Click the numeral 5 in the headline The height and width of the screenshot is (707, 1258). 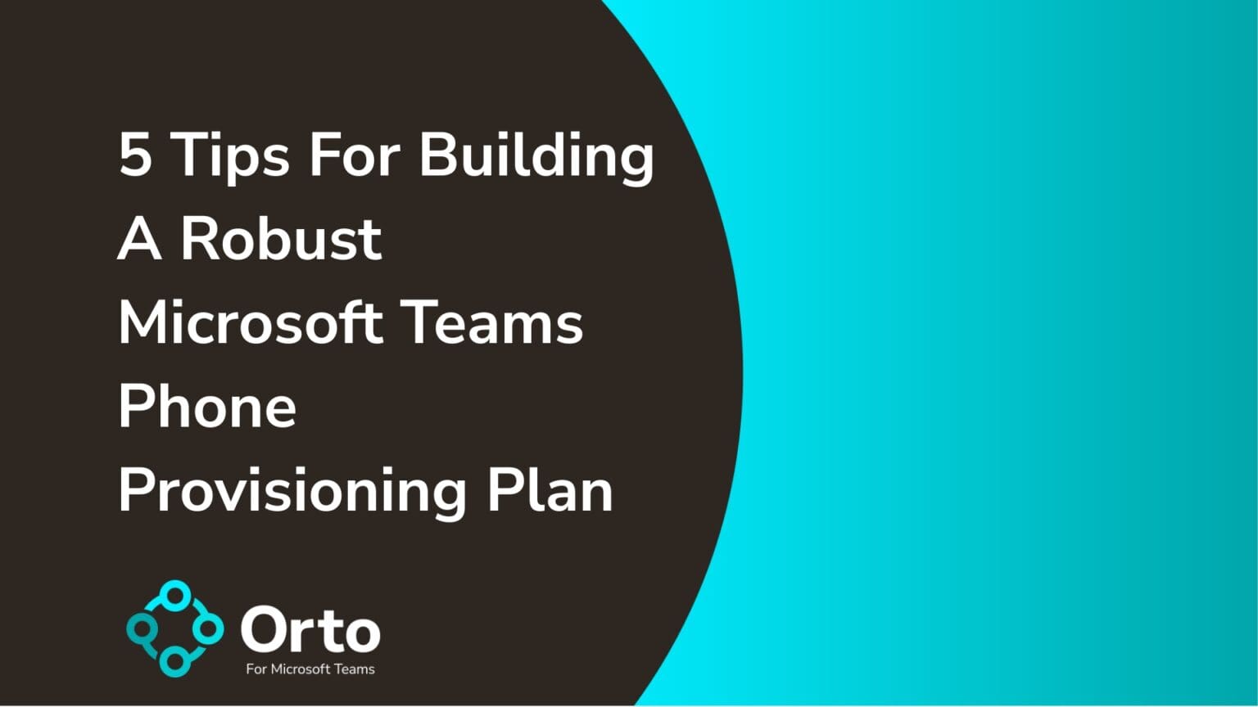136,154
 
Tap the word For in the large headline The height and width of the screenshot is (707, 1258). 354,154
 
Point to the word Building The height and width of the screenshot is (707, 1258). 536,155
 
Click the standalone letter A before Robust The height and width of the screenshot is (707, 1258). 139,239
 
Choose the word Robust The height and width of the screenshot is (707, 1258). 281,239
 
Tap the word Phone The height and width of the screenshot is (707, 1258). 207,406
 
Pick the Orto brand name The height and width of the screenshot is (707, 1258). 310,631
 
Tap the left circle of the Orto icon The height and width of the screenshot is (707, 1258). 143,629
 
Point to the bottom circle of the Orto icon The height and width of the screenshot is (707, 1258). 174,661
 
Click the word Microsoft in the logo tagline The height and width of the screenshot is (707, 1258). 300,669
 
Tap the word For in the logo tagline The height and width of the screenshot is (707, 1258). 256,669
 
